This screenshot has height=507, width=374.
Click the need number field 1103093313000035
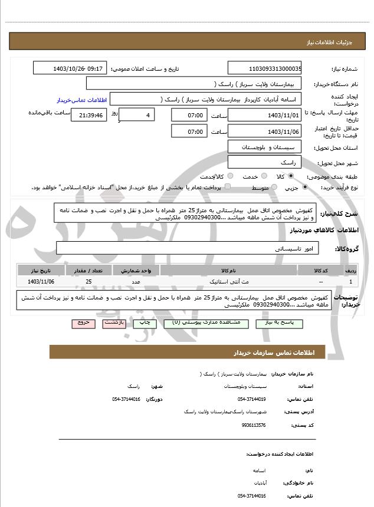pyautogui.click(x=265, y=69)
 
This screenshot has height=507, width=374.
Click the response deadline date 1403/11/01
pyautogui.click(x=265, y=115)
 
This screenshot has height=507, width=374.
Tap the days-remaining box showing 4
pyautogui.click(x=137, y=115)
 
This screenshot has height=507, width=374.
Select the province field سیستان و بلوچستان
pyautogui.click(x=265, y=146)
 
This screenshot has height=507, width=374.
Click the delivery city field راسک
pyautogui.click(x=265, y=162)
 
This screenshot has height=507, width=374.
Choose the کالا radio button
pyautogui.click(x=291, y=176)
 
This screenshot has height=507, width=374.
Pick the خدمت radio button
pyautogui.click(x=263, y=176)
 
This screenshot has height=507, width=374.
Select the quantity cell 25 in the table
pyautogui.click(x=88, y=282)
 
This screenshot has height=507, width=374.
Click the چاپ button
pyautogui.click(x=142, y=323)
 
